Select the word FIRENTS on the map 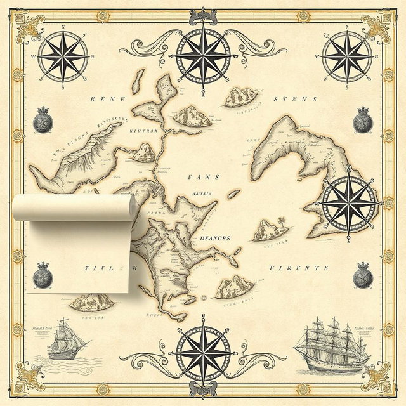pyautogui.click(x=299, y=268)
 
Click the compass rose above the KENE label pyautogui.click(x=63, y=56)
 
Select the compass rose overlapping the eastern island pyautogui.click(x=347, y=202)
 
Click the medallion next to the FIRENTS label pyautogui.click(x=363, y=273)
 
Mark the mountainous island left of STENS pyautogui.click(x=242, y=96)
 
